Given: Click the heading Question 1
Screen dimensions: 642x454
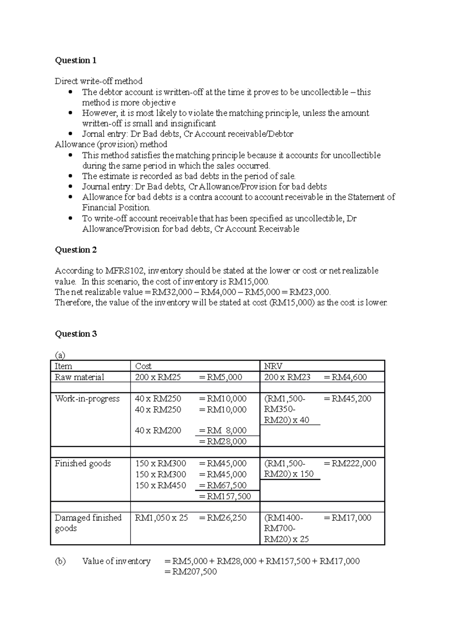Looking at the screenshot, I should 76,60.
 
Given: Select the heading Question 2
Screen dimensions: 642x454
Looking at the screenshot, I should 76,250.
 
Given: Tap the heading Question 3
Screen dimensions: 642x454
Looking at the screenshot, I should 76,334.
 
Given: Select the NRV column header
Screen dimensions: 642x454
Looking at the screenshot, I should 273,366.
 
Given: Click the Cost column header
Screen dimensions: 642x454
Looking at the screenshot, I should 143,366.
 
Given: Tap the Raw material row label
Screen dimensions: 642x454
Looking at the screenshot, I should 79,377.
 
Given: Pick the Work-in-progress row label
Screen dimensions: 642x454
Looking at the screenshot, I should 87,399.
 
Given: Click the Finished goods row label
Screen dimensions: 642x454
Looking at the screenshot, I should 82,464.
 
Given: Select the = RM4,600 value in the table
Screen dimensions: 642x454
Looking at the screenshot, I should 345,377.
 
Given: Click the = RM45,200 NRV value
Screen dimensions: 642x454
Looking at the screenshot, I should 348,399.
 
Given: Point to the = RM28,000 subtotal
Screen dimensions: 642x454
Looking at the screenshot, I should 222,441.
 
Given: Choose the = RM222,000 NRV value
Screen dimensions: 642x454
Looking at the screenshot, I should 350,464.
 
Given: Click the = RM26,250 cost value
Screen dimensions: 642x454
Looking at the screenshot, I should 222,518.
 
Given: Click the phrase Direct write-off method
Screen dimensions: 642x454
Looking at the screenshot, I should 99,81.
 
